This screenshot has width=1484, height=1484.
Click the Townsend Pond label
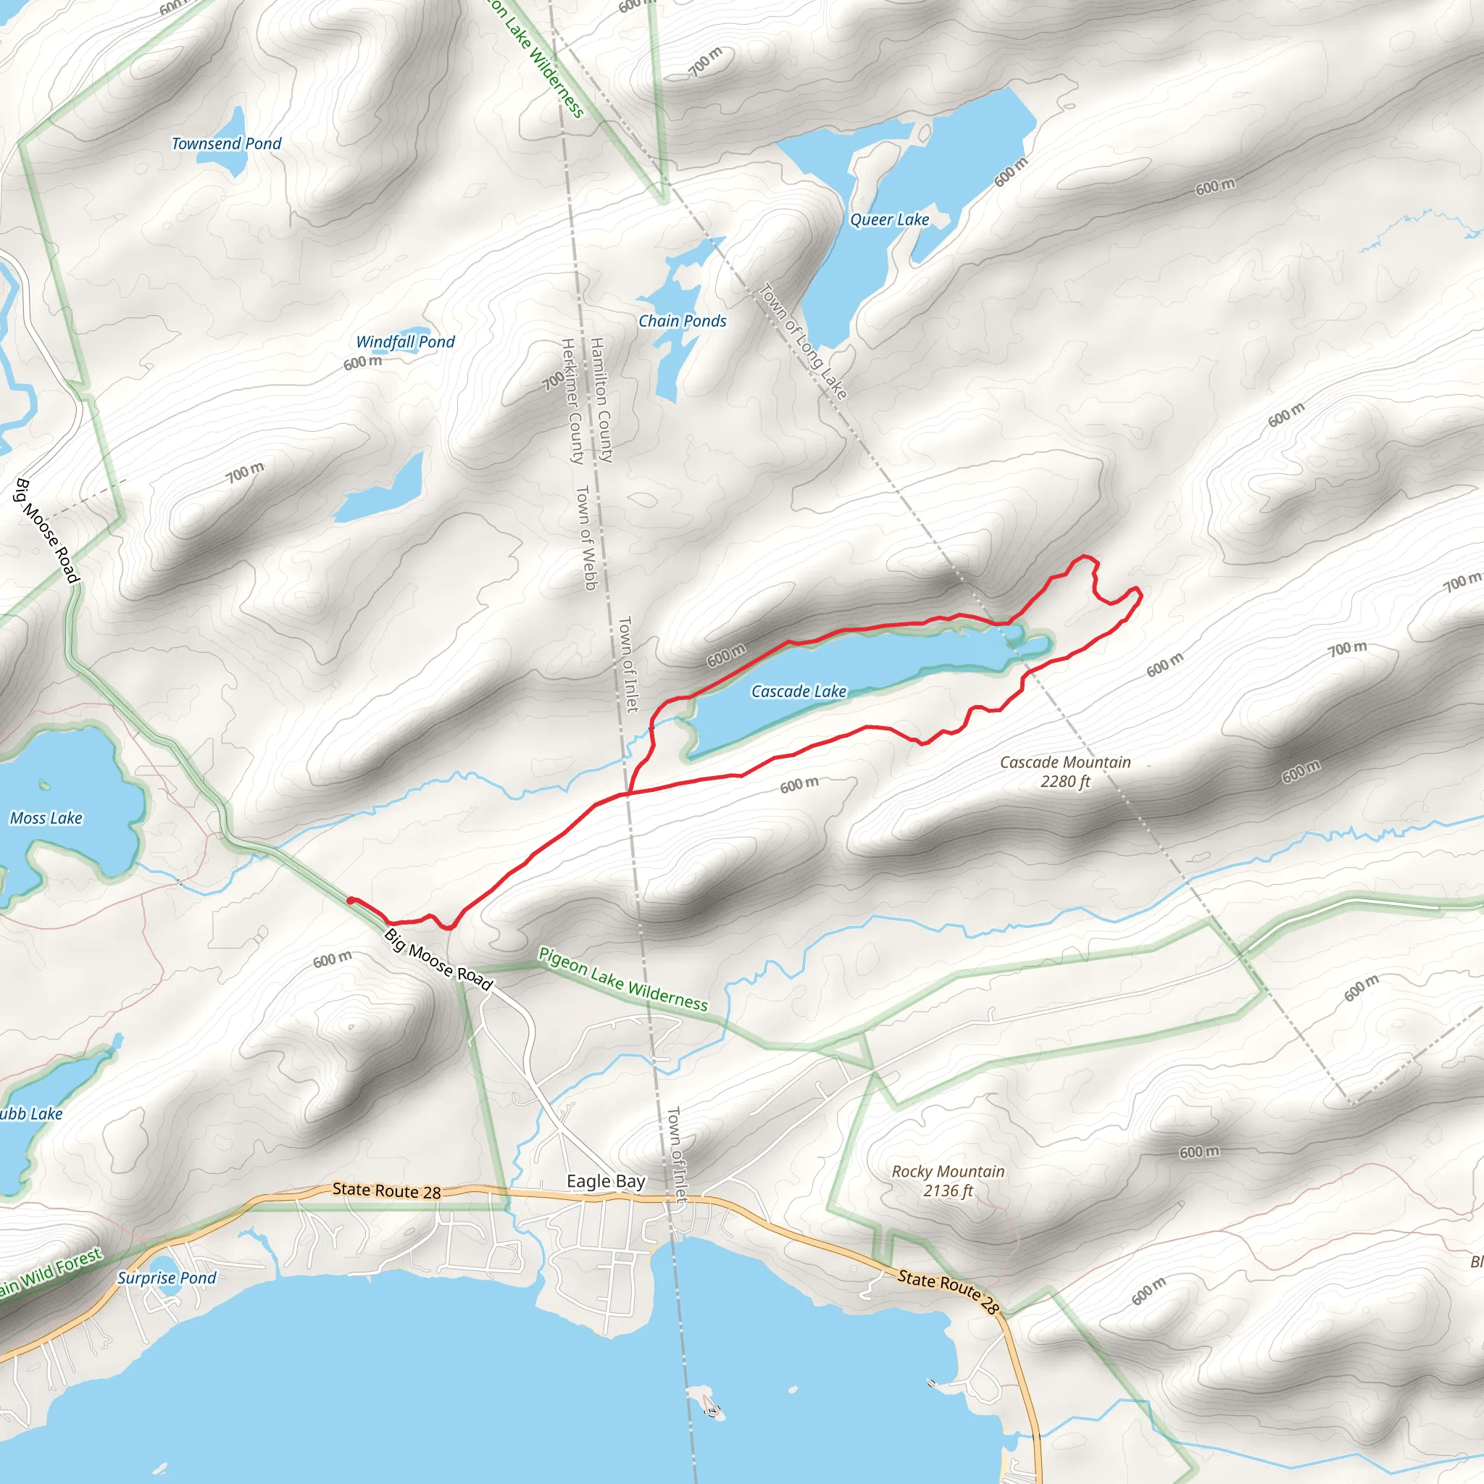(226, 143)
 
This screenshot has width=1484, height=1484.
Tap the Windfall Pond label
(405, 342)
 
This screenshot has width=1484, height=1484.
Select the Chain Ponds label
(682, 321)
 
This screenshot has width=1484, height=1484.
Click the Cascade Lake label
(798, 691)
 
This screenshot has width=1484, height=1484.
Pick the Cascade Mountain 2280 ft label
(1064, 772)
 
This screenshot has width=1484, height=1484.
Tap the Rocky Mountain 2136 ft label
(948, 1180)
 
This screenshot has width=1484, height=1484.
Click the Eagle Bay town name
(605, 1180)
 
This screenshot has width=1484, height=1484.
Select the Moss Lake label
(46, 818)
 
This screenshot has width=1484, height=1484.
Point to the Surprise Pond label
(167, 1277)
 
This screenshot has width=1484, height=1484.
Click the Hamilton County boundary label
(601, 399)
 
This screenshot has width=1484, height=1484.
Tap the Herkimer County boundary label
(572, 401)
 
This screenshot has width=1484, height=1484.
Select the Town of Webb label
(586, 538)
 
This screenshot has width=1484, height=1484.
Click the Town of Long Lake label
(803, 342)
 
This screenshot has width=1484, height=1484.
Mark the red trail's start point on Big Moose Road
(350, 900)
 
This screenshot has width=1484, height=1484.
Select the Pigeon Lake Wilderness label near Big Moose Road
(622, 980)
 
